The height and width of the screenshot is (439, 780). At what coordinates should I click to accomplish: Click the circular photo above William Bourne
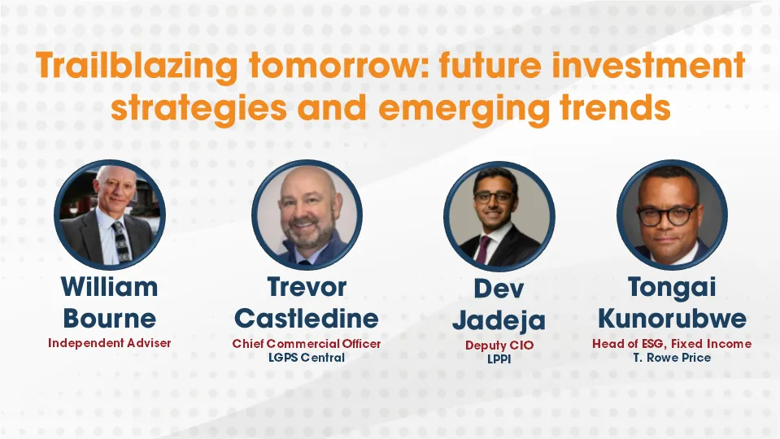(110, 215)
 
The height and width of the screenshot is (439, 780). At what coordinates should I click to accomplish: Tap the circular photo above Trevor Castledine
(307, 215)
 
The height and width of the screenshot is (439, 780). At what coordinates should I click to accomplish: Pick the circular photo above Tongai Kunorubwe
(671, 215)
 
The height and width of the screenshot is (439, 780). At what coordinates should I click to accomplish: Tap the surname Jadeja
(499, 319)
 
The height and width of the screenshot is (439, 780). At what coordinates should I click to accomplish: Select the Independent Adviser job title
(109, 343)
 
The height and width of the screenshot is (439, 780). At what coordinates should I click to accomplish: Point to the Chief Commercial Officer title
(307, 344)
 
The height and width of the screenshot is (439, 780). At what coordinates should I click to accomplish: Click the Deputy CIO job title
(499, 346)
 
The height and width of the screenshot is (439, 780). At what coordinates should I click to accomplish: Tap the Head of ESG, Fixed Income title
(672, 344)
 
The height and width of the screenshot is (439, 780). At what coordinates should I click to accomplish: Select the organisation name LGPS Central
(307, 358)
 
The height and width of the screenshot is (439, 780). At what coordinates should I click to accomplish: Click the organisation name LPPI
(499, 359)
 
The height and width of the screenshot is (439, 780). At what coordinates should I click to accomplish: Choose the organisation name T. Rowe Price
(672, 358)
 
